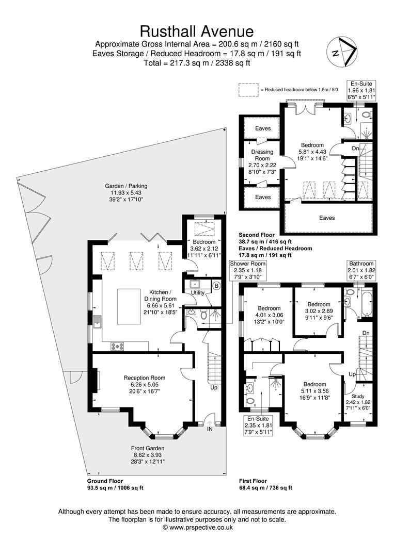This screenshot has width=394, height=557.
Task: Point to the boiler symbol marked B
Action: (x=216, y=285)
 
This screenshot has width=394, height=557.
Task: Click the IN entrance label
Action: (x=210, y=428)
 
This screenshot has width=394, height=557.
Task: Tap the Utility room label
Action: (x=198, y=292)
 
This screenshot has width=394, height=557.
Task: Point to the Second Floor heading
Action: (x=257, y=235)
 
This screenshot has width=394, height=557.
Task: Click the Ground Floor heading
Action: (x=105, y=481)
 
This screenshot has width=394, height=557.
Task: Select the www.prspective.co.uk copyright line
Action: (x=197, y=528)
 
